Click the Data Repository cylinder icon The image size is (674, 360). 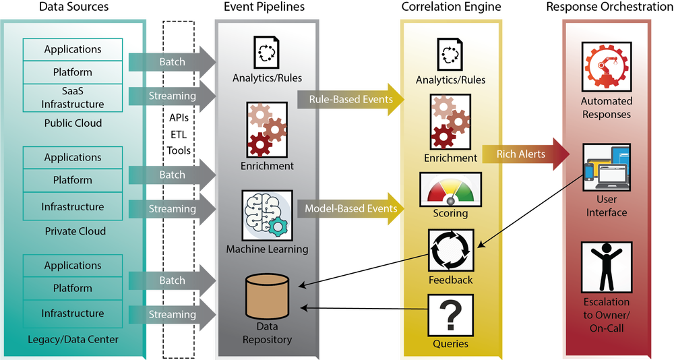click(x=267, y=297)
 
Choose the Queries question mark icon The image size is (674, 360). click(x=450, y=316)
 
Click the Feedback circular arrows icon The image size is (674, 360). click(x=450, y=250)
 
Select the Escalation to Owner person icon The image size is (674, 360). click(x=607, y=268)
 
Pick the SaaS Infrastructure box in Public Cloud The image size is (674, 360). click(x=73, y=98)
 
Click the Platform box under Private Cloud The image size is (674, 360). click(x=73, y=180)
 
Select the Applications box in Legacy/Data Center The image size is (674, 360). click(x=73, y=266)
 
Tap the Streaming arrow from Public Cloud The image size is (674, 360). click(x=173, y=96)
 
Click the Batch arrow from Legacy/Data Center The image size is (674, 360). click(x=173, y=280)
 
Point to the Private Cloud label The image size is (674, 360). click(x=75, y=231)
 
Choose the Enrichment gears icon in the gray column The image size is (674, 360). click(x=267, y=129)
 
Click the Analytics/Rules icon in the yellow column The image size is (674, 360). click(x=450, y=54)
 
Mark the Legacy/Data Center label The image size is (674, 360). click(x=73, y=340)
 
